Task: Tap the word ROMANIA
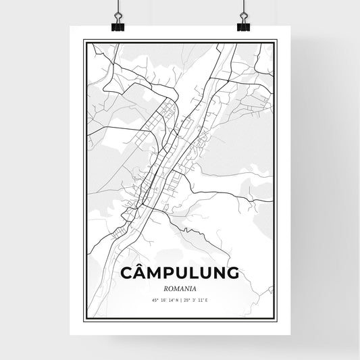pyautogui.click(x=180, y=288)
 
